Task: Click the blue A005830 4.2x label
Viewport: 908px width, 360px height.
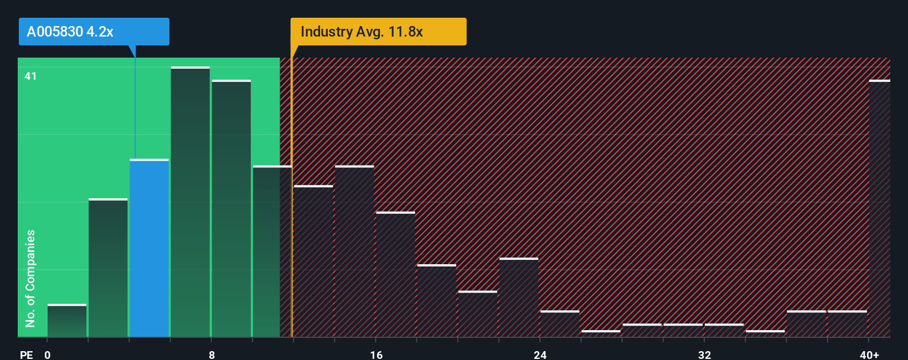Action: point(94,32)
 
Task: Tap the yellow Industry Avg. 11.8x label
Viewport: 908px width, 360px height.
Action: point(378,32)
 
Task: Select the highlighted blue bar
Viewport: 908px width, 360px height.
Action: point(149,248)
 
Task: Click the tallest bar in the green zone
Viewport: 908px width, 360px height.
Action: point(190,202)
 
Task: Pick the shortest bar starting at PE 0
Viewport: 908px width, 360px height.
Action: point(67,321)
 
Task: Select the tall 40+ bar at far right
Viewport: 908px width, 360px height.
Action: point(879,208)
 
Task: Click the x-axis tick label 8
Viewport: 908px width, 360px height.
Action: point(211,354)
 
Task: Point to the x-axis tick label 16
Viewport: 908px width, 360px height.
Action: point(376,354)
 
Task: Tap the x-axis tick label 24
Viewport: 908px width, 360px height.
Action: point(540,354)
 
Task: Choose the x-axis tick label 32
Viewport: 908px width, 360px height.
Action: point(704,354)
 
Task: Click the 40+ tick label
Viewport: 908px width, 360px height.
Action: point(869,354)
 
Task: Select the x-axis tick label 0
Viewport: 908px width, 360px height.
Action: point(48,354)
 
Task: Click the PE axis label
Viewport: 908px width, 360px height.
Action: point(26,354)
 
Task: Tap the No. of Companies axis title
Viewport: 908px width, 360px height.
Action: point(30,278)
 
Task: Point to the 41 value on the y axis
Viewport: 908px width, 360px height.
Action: point(30,76)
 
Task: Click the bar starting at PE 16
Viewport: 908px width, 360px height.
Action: point(395,275)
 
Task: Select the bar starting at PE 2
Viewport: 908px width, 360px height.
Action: point(108,268)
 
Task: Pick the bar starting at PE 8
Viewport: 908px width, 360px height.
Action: point(231,209)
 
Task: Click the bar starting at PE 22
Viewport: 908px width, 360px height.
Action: point(518,297)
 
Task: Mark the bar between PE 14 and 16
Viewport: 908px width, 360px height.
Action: point(354,251)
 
